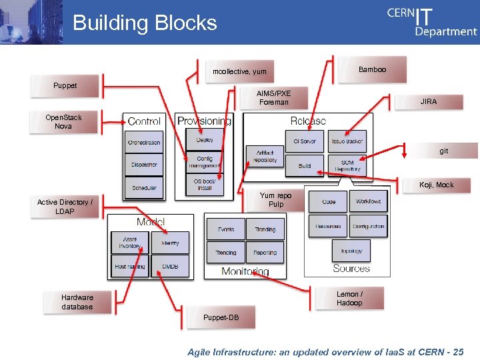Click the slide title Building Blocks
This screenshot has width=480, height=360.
tap(145, 23)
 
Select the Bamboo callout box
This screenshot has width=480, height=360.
tap(371, 69)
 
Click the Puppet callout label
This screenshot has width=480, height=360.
tap(65, 85)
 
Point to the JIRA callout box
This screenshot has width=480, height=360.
tap(428, 101)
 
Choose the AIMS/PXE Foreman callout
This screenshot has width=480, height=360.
tap(274, 97)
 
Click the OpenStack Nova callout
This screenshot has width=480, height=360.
tap(63, 122)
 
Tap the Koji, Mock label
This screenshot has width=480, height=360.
tap(436, 185)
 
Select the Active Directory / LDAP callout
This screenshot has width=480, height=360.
tap(65, 207)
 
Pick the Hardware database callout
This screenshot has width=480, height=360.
tap(77, 302)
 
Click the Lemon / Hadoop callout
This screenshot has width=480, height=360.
tap(349, 299)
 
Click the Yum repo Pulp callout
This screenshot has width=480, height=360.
tap(275, 200)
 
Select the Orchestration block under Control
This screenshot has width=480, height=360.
tap(144, 142)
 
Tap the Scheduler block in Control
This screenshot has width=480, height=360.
tap(144, 187)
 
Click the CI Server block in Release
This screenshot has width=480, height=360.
tap(305, 141)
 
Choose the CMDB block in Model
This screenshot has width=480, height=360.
tap(170, 266)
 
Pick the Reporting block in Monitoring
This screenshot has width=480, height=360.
tap(265, 253)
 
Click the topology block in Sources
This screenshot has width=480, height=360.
tap(351, 251)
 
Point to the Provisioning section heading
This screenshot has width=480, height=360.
tap(204, 121)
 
